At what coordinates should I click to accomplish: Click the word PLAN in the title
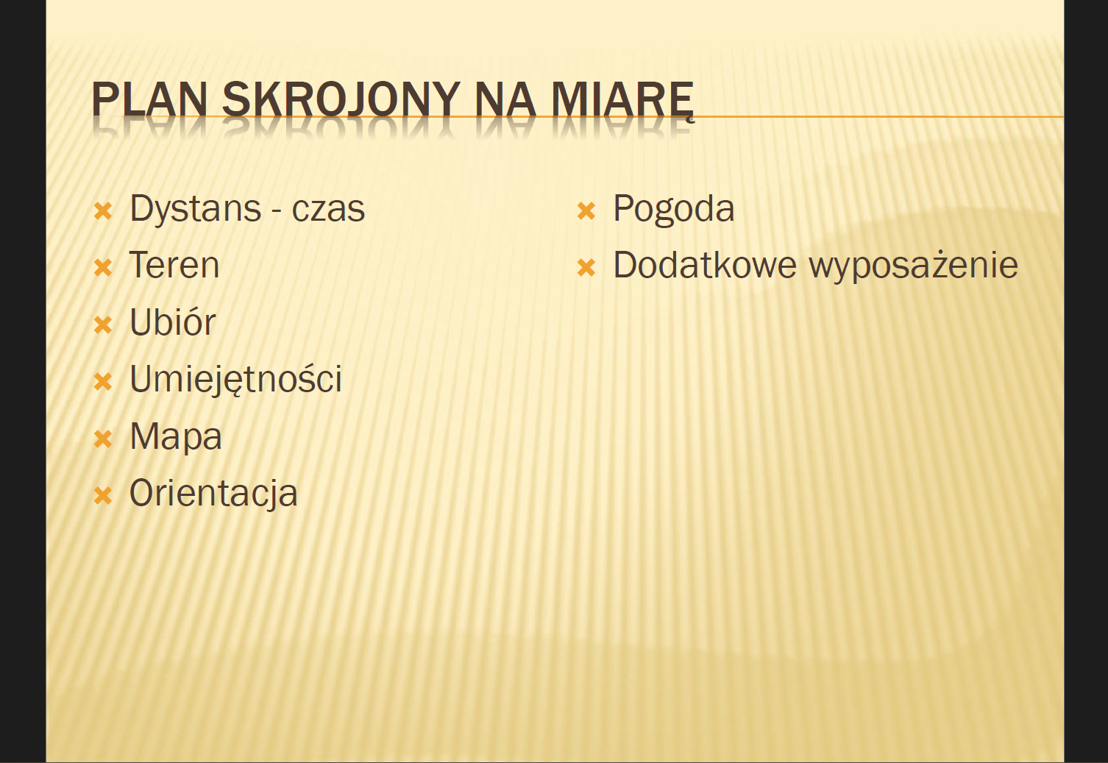tap(149, 99)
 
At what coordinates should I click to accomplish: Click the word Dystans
tap(195, 210)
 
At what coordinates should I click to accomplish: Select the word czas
tap(328, 210)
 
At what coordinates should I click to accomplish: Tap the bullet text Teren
tap(174, 265)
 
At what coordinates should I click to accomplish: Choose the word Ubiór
tap(173, 322)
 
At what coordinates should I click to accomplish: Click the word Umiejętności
tap(235, 380)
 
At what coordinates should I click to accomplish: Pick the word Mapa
tap(176, 437)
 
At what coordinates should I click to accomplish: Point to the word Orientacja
tap(213, 494)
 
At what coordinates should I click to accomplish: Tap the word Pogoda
tap(674, 210)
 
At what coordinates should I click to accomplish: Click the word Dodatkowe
tap(705, 265)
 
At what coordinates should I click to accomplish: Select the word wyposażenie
tap(913, 267)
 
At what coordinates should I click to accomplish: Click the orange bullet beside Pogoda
tap(586, 210)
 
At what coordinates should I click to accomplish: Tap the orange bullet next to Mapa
tap(103, 439)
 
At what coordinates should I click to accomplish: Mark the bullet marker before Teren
tap(103, 268)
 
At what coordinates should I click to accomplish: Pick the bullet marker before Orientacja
tap(103, 496)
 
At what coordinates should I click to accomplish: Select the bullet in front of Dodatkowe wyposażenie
tap(586, 268)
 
